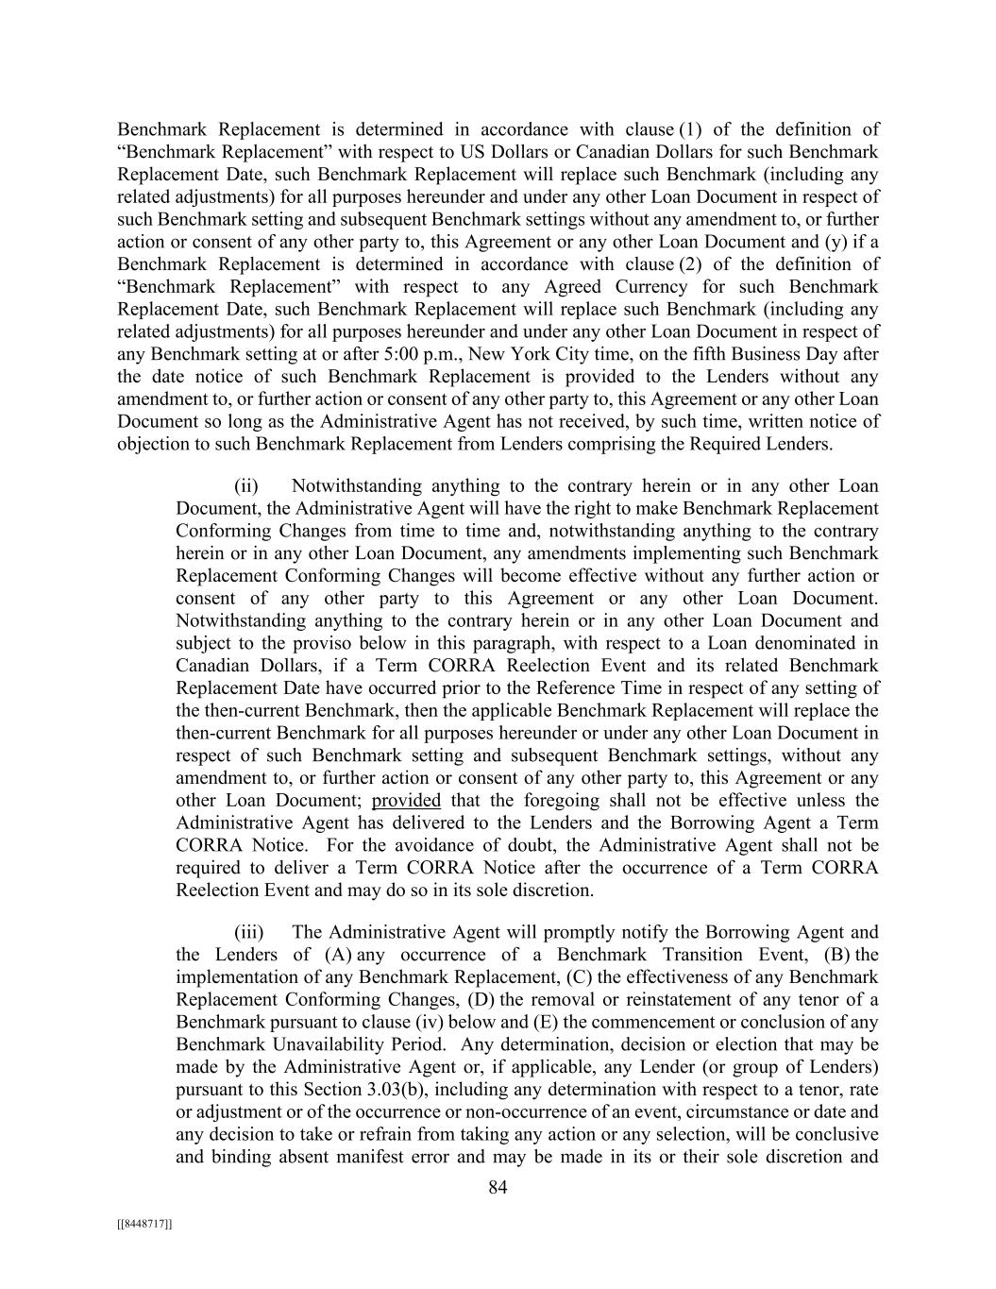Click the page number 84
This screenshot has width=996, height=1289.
[x=498, y=1188]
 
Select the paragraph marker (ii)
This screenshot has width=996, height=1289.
[x=246, y=486]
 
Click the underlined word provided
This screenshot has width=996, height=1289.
[x=406, y=801]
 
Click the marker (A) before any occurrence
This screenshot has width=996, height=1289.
[x=339, y=955]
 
